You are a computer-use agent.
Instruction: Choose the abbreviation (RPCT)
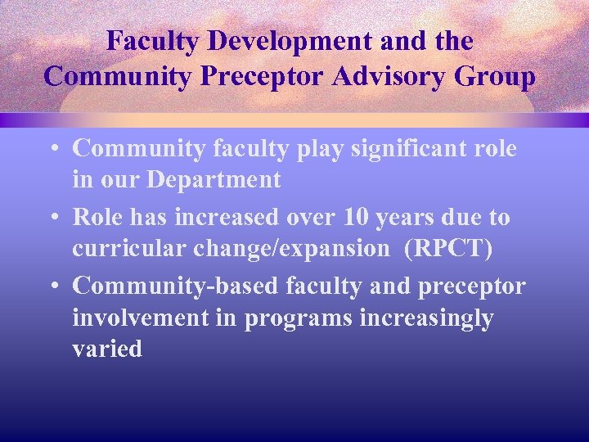tap(447, 248)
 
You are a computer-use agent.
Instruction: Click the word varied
tap(107, 349)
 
